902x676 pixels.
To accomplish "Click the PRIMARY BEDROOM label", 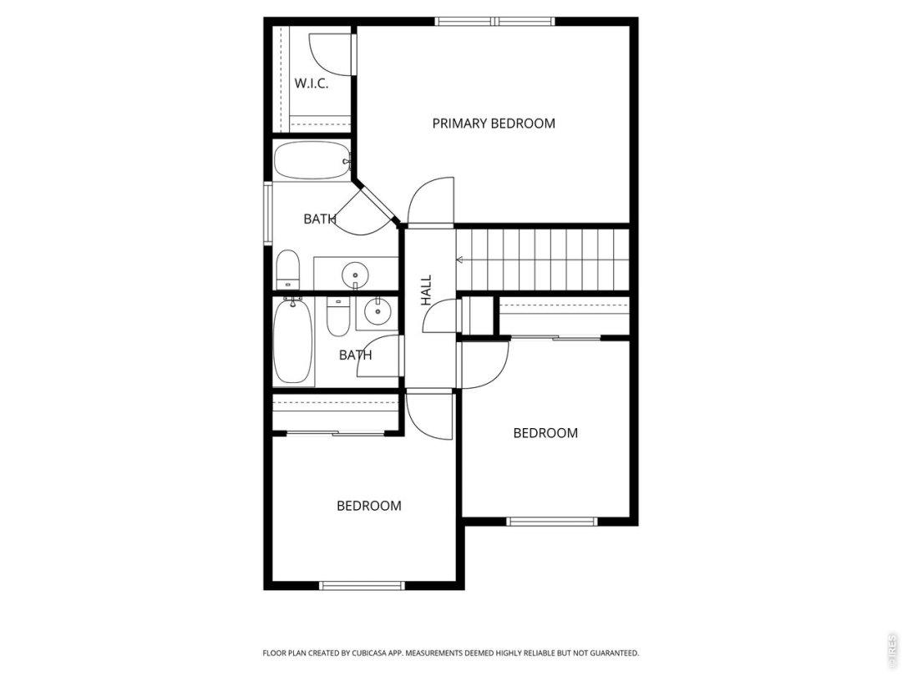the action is point(494,123).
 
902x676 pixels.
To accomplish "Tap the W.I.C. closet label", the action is point(312,83).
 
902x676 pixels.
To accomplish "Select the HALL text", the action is point(426,290).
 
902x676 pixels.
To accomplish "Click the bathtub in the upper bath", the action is point(312,161).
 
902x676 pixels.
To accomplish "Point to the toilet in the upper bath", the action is point(288,270).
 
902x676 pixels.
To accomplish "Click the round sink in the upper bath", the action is point(355,275).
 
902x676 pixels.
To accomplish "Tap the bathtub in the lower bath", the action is point(293,341).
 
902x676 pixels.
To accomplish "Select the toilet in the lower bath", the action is point(337,317).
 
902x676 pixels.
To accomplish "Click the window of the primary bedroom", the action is point(494,22).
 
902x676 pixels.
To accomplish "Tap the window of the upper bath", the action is point(268,214).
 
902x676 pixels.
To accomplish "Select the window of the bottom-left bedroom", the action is point(362,586).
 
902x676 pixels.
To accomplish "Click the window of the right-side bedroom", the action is point(552,522).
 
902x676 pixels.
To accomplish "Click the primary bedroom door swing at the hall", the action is point(430,200).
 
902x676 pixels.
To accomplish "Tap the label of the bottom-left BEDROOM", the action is point(369,506).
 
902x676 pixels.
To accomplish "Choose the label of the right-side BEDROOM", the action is point(545,433).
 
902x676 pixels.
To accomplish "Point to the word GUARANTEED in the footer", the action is point(616,653).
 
